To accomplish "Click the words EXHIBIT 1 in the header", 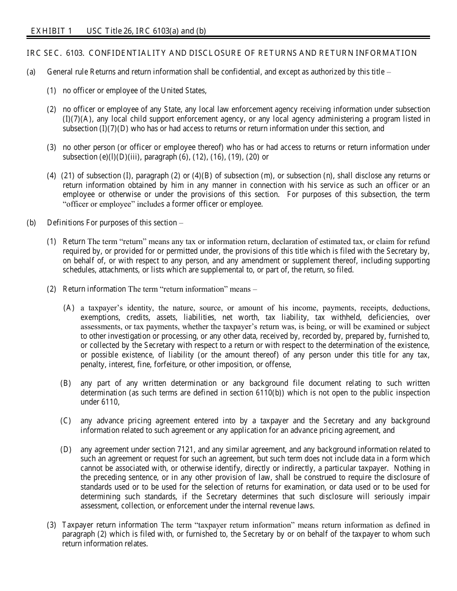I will pos(51,31).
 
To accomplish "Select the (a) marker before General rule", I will pos(31,72).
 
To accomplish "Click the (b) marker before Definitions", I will pos(31,222).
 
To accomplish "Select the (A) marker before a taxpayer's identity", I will pos(69,308).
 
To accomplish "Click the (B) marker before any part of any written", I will pos(66,383).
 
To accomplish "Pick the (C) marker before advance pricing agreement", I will pos(66,420).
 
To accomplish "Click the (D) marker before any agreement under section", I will pos(66,449).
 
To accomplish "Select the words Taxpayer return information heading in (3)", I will pos(110,525).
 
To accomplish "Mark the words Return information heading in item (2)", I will pos(94,289).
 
